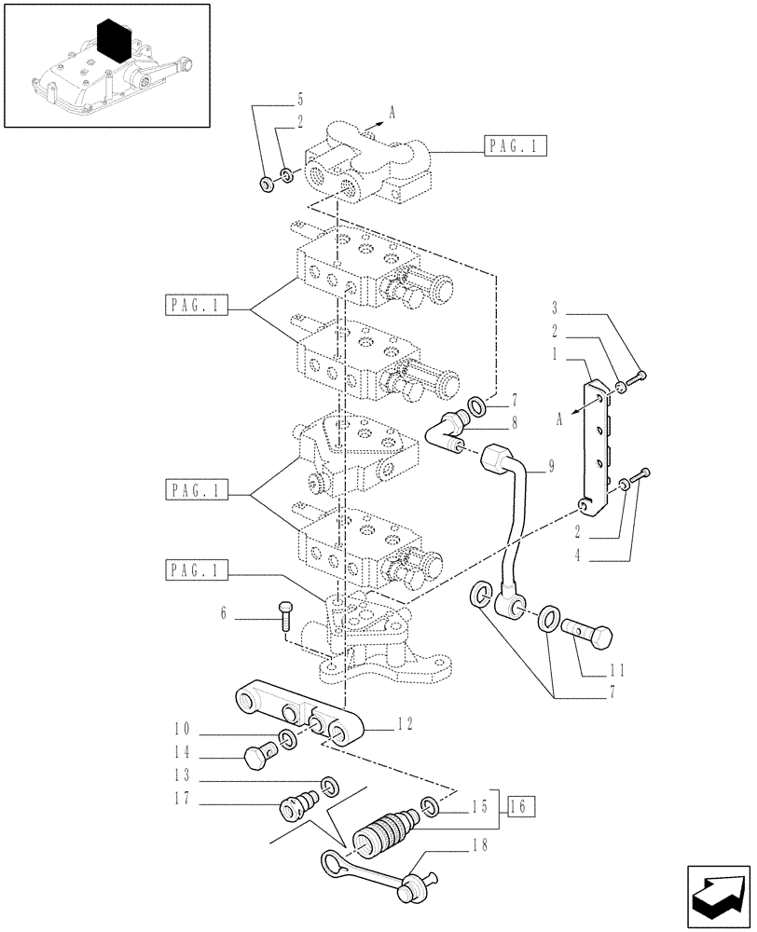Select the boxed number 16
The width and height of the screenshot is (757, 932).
[521, 807]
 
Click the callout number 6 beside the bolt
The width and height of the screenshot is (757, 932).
[223, 614]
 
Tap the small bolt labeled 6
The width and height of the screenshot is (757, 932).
[284, 616]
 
